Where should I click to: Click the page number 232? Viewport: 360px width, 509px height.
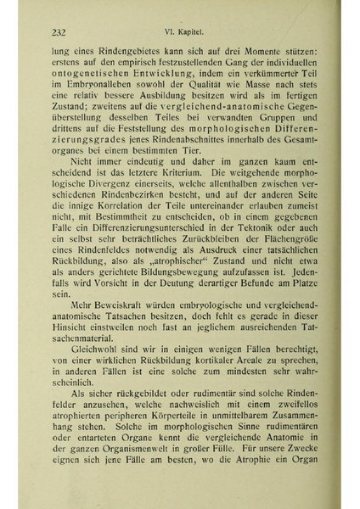pos(59,32)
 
